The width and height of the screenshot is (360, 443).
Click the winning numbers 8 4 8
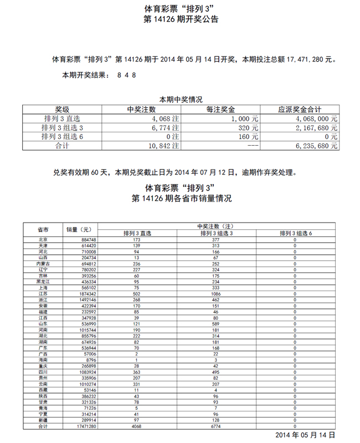[x=127, y=74]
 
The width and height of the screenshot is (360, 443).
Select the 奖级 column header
[x=61, y=110]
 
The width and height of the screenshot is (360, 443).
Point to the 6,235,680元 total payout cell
[x=316, y=146]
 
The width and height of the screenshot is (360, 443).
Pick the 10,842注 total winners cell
[x=164, y=146]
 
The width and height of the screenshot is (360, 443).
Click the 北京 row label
[x=43, y=240]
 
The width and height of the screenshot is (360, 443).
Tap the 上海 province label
[x=43, y=289]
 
